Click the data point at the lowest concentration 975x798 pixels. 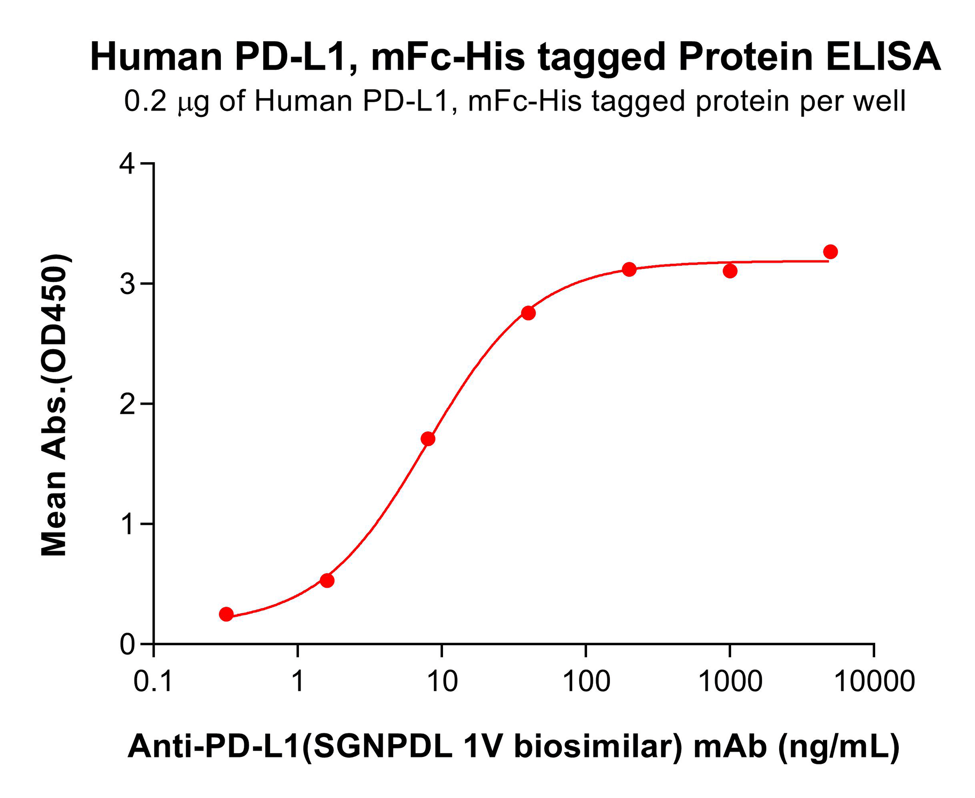(226, 614)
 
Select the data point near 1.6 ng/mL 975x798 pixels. (327, 580)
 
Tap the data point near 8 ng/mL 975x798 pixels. (428, 439)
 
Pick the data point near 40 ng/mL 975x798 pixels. (528, 313)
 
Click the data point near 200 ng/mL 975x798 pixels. (629, 269)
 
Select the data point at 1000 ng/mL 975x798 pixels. (730, 271)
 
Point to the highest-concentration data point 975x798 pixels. (830, 251)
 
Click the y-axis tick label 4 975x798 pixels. (128, 163)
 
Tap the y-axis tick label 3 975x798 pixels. (128, 283)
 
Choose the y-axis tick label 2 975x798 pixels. (128, 404)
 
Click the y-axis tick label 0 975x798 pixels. (128, 644)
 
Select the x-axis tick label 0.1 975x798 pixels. (153, 682)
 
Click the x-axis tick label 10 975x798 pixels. (442, 682)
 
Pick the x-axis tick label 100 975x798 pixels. (586, 682)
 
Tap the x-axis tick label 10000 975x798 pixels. (874, 682)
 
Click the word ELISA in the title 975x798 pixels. (883, 57)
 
